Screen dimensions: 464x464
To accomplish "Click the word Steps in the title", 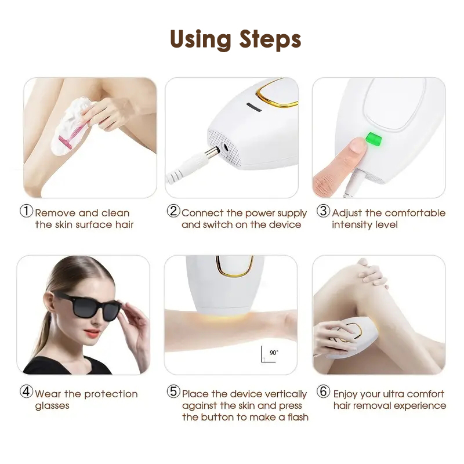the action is [x=270, y=39].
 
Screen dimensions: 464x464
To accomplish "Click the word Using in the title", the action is [x=200, y=40].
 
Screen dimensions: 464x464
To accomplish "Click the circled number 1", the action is [x=26, y=211].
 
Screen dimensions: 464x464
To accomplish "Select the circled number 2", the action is [x=173, y=211].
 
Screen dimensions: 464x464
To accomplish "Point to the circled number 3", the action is [x=323, y=211].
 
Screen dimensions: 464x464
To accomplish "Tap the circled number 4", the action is [x=26, y=391].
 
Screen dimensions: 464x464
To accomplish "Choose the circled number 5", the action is [x=173, y=391].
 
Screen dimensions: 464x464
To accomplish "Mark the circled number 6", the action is [x=323, y=391].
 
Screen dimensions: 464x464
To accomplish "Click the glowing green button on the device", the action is [x=374, y=139].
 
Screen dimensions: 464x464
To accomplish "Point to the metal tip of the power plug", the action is [x=212, y=153].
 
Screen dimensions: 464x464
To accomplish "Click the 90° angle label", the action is [x=274, y=353].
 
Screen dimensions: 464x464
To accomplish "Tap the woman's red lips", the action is [x=92, y=333].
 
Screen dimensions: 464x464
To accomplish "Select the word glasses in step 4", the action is [x=52, y=405].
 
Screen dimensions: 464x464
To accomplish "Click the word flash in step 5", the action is [x=298, y=417].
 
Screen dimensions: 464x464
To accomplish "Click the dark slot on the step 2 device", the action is [x=254, y=107].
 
